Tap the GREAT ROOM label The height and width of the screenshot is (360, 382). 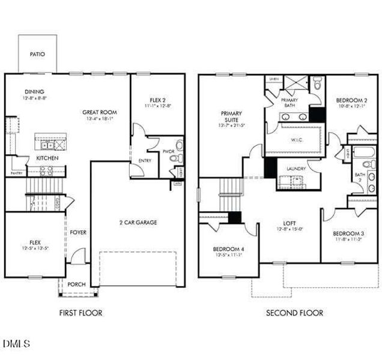(100, 112)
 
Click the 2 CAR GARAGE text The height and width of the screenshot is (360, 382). (138, 223)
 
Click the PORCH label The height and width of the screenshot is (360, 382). (76, 284)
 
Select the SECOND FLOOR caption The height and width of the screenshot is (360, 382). (294, 313)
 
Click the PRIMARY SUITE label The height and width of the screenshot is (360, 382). (231, 115)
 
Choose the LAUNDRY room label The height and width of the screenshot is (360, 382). (296, 169)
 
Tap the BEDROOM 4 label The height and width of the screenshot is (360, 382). (228, 249)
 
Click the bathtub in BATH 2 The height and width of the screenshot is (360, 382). (365, 151)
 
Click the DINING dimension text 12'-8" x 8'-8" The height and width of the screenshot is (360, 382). (35, 98)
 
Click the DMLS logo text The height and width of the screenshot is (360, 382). (16, 344)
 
